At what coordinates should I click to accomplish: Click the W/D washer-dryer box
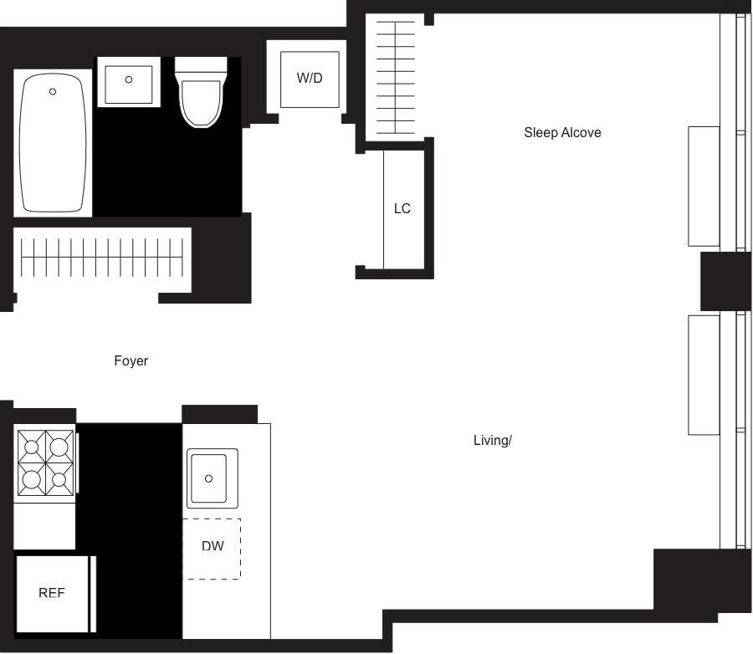coord(310,79)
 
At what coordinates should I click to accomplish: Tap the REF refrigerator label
coord(52,593)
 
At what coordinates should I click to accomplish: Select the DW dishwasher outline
coord(213,548)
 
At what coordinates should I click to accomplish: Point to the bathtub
coord(53,142)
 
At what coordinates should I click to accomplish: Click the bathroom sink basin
coord(128,80)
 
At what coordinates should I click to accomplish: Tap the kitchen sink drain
coord(209,478)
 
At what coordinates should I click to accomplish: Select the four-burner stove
coord(45,463)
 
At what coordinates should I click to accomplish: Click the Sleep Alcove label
coord(562,132)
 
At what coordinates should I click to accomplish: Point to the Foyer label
coord(131,361)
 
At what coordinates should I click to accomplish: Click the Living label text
coord(492,440)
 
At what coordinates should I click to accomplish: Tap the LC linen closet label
coord(402,208)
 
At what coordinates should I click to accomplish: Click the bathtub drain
coord(53,90)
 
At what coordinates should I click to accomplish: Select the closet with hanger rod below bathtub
coord(102,258)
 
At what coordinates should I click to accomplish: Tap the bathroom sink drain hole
coord(128,79)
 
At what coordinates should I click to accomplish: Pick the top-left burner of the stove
coord(31,445)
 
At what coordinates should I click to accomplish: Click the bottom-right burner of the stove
coord(59,480)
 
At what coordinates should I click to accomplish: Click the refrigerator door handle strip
coord(93,594)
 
